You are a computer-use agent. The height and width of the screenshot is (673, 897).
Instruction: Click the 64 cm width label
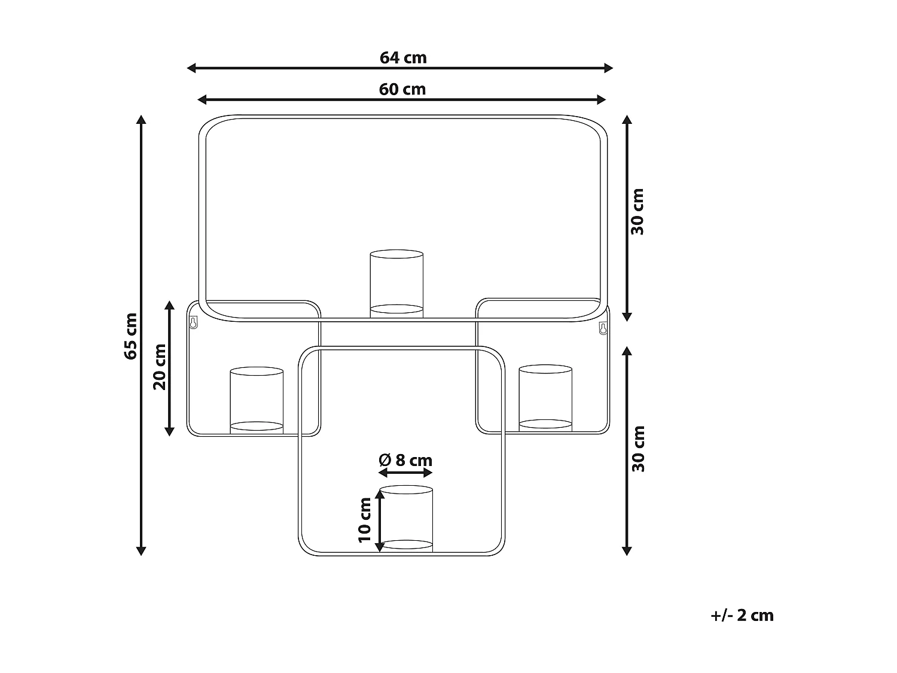(x=403, y=58)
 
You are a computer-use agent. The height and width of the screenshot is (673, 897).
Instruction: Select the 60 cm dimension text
(x=402, y=89)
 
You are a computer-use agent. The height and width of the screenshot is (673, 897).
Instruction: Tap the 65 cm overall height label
(x=130, y=336)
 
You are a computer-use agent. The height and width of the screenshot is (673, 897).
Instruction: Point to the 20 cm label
(x=160, y=367)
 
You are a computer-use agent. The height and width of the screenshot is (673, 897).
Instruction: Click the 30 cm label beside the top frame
(x=638, y=212)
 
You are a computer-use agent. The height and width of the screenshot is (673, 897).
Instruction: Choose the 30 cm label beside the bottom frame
(x=638, y=449)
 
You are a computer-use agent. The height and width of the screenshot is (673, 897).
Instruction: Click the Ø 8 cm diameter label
(x=405, y=460)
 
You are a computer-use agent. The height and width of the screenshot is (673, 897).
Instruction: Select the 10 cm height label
(x=365, y=520)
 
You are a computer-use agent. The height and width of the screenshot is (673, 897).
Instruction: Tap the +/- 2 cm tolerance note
(x=742, y=616)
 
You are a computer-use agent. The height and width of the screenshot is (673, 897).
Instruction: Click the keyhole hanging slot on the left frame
(x=193, y=323)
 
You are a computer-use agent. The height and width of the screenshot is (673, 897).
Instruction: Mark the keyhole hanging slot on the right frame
(x=603, y=328)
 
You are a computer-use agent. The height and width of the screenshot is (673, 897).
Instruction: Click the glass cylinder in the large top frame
(x=396, y=283)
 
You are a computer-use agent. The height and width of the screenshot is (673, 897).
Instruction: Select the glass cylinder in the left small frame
(x=257, y=400)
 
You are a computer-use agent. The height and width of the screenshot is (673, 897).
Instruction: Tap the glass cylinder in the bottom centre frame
(x=406, y=517)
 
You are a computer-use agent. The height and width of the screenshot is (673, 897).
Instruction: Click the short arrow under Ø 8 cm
(x=405, y=473)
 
